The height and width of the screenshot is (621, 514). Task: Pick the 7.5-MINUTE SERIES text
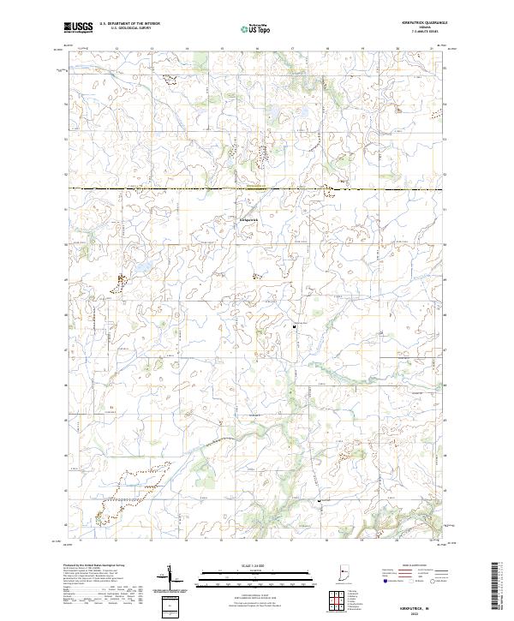418,32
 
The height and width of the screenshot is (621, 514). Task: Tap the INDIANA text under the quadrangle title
418,27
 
